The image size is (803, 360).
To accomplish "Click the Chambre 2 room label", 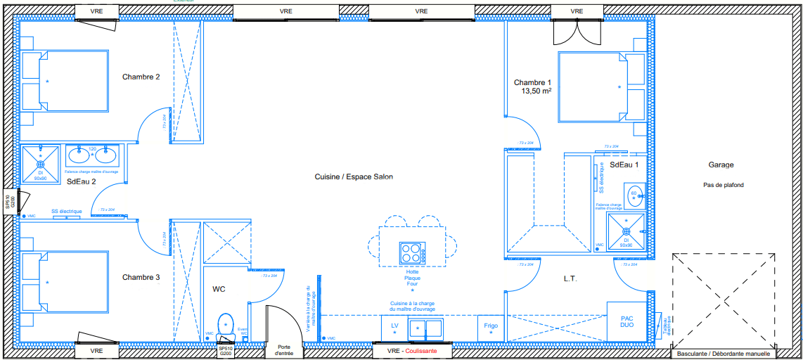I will coord(141,77).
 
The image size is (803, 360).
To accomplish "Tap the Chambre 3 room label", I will coord(141,278).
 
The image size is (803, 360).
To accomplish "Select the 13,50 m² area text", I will coord(536,91).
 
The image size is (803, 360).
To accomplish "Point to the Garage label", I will coord(721,165).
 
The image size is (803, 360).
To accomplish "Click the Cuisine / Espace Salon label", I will coord(354,177).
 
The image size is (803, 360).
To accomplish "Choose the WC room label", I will coord(219,288).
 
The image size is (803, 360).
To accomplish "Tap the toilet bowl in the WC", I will coord(226,325).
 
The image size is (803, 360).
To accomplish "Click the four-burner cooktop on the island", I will coord(412,252).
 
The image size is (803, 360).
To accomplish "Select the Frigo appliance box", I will coord(491,326).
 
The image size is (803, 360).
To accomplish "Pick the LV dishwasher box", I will coord(394,327).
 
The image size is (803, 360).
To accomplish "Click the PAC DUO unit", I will coord(627,322).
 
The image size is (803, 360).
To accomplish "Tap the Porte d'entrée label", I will coord(284,350).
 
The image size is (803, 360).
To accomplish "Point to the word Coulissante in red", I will coord(420,350).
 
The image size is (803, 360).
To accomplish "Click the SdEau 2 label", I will coord(81,181).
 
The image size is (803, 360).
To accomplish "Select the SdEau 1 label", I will coord(624,165).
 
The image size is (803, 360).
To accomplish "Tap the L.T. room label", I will coord(570,279).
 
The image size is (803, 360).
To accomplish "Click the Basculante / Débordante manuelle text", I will coord(724,353).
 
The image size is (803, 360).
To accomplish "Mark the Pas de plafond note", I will coord(723,185).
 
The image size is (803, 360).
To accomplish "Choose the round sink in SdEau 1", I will coord(634,196).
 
